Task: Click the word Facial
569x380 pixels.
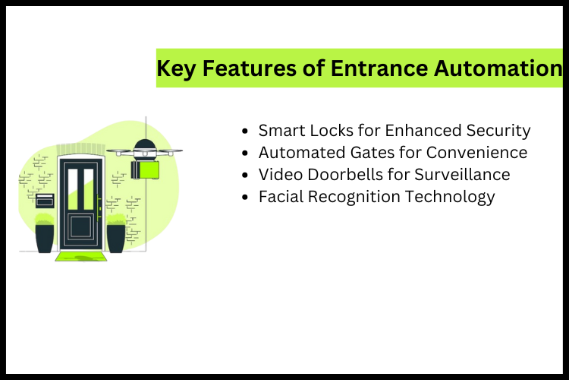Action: pyautogui.click(x=282, y=196)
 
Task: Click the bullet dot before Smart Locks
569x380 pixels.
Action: pyautogui.click(x=244, y=131)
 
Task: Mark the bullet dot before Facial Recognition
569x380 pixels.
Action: pyautogui.click(x=244, y=197)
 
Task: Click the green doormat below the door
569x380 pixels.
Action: pyautogui.click(x=80, y=257)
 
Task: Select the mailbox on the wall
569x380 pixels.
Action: pyautogui.click(x=46, y=200)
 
